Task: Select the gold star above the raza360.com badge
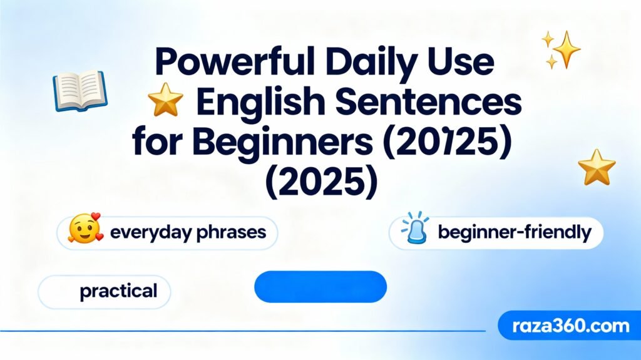click(x=597, y=167)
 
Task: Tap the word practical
click(x=118, y=291)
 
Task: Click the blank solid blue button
click(x=320, y=286)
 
